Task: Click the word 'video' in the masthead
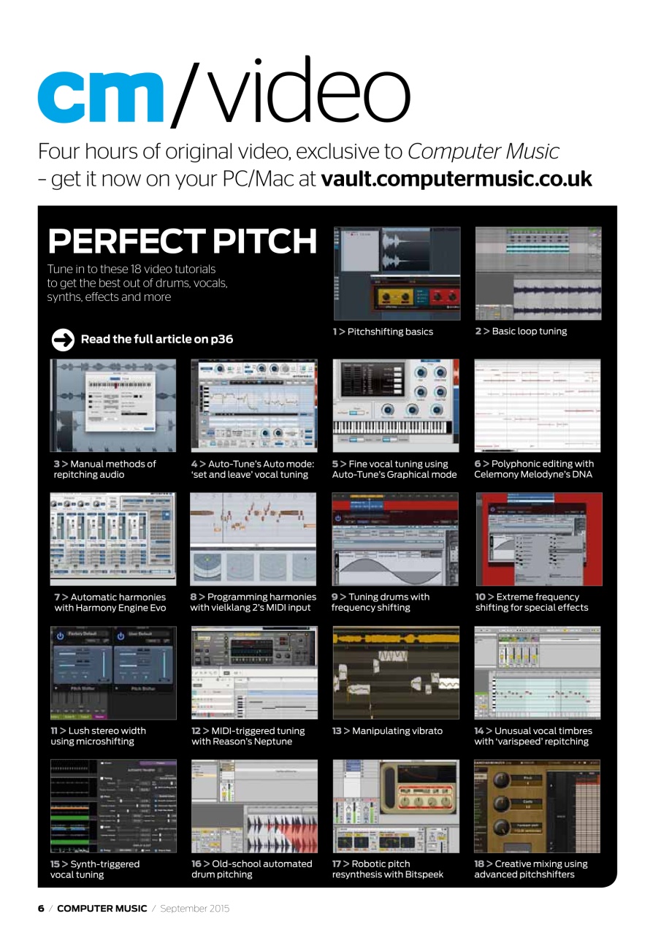tap(292, 91)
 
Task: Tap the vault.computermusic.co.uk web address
tap(456, 179)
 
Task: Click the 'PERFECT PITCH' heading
tap(183, 241)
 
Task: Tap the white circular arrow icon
tap(63, 339)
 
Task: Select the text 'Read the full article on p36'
tap(157, 339)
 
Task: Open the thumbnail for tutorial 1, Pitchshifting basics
tap(397, 273)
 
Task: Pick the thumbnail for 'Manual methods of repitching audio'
tap(112, 405)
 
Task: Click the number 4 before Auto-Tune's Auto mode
tap(194, 464)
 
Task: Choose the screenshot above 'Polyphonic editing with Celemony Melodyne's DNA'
tap(538, 405)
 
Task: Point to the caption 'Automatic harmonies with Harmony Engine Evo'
tap(110, 603)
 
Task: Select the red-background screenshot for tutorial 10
tap(539, 539)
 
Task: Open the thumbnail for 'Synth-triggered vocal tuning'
tap(112, 806)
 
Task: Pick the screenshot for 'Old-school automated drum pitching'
tap(254, 806)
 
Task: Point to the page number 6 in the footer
tap(41, 909)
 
